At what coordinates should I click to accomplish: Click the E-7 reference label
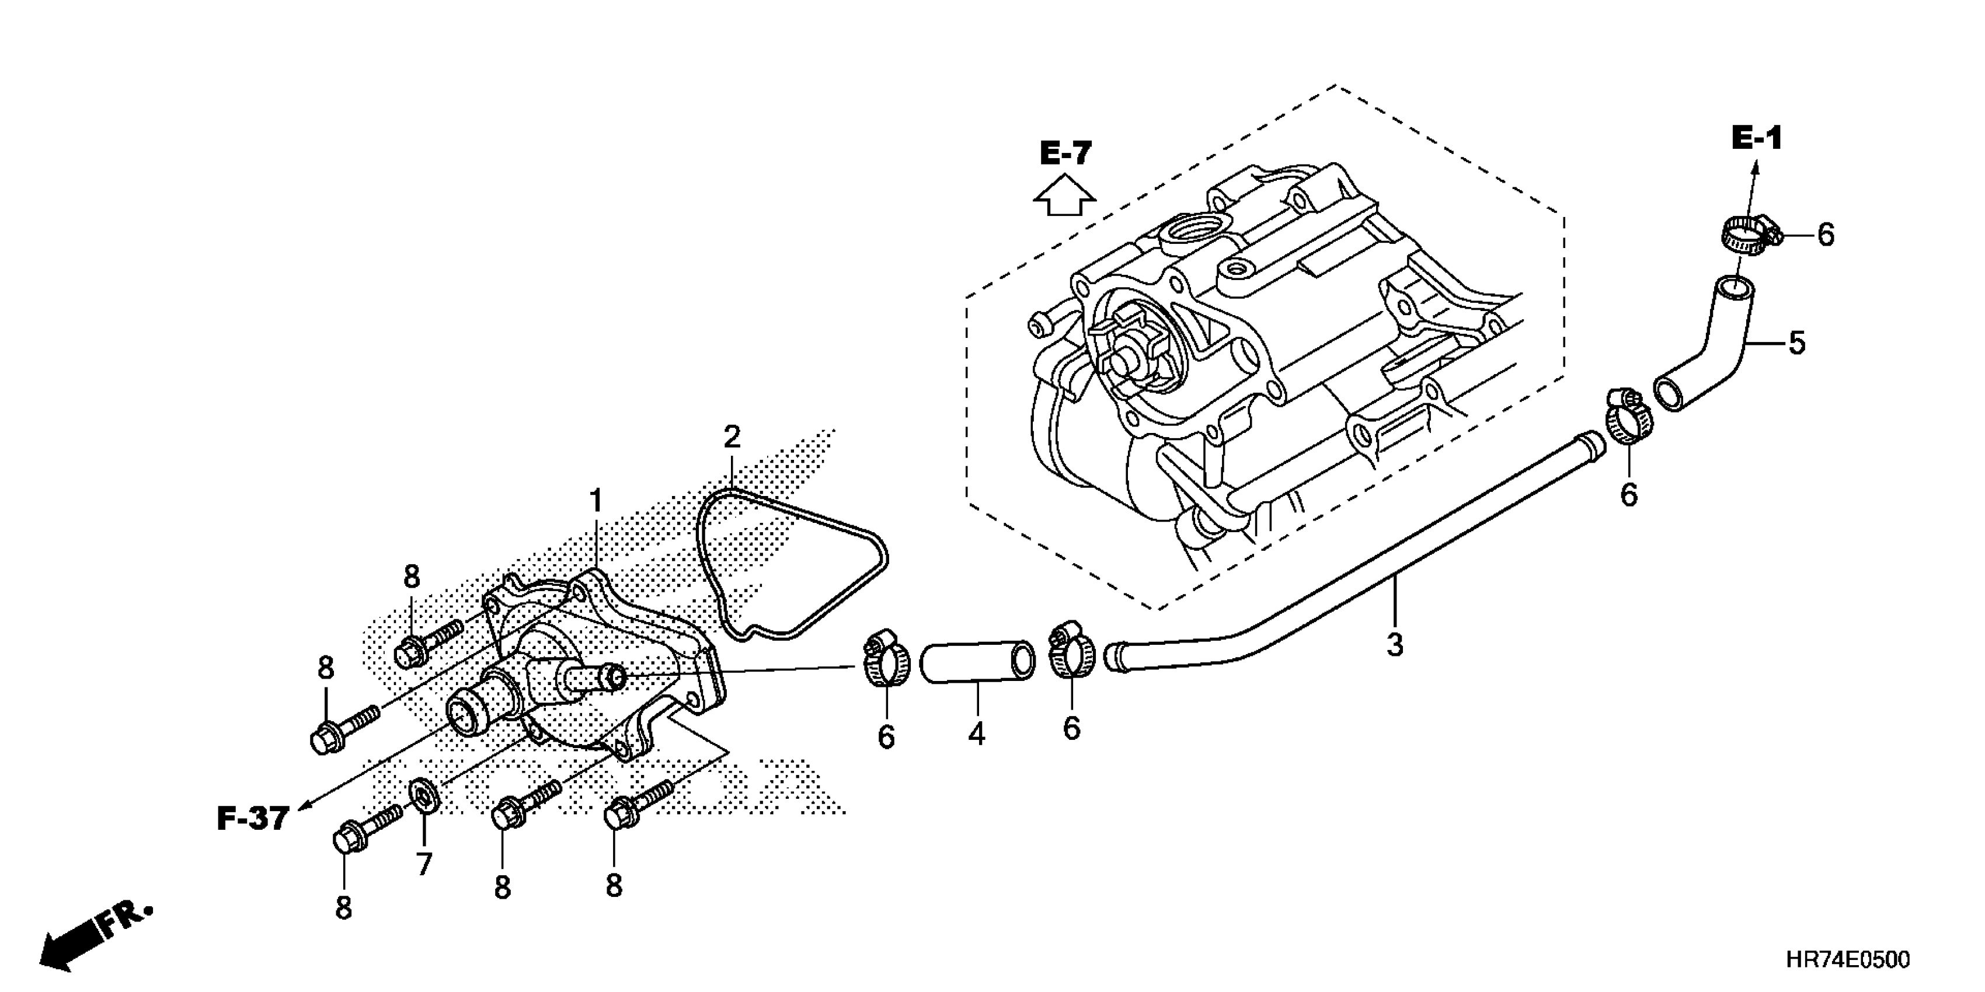tap(1065, 154)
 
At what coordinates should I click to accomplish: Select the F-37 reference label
tap(253, 819)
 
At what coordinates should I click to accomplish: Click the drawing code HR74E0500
tap(1847, 960)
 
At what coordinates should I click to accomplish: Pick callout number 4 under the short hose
tap(976, 733)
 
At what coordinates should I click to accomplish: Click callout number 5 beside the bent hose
tap(1796, 343)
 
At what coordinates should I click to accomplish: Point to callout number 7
tap(424, 864)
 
